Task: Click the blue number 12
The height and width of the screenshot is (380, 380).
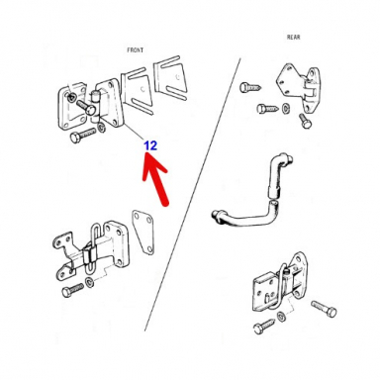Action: tap(150, 145)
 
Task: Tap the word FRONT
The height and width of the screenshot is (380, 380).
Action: tap(136, 48)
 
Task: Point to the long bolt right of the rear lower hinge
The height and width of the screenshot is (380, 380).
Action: tap(327, 310)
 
